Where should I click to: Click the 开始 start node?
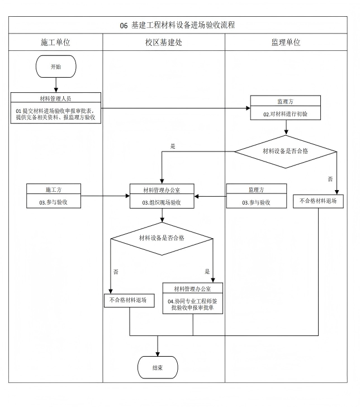pos(56,67)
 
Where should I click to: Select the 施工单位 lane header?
pos(55,42)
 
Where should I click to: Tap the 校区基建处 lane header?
pos(163,42)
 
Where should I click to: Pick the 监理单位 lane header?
pos(285,42)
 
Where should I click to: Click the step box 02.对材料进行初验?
pos(285,113)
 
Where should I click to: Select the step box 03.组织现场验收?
pos(162,202)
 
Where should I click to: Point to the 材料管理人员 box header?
pos(55,98)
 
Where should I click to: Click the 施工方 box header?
pos(54,190)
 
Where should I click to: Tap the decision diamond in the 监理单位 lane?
pos(285,151)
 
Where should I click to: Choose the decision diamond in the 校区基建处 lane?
pos(162,238)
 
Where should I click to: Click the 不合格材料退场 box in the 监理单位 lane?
pos(318,201)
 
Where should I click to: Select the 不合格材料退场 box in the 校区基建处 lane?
pos(129,300)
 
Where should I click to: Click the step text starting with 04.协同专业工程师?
pos(193,305)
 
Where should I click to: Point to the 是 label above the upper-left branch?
pos(173,146)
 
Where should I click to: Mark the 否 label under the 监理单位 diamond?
pos(330,179)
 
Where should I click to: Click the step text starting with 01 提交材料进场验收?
pos(55,114)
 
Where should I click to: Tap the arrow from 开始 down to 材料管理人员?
pos(56,85)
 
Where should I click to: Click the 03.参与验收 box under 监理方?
pos(256,202)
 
